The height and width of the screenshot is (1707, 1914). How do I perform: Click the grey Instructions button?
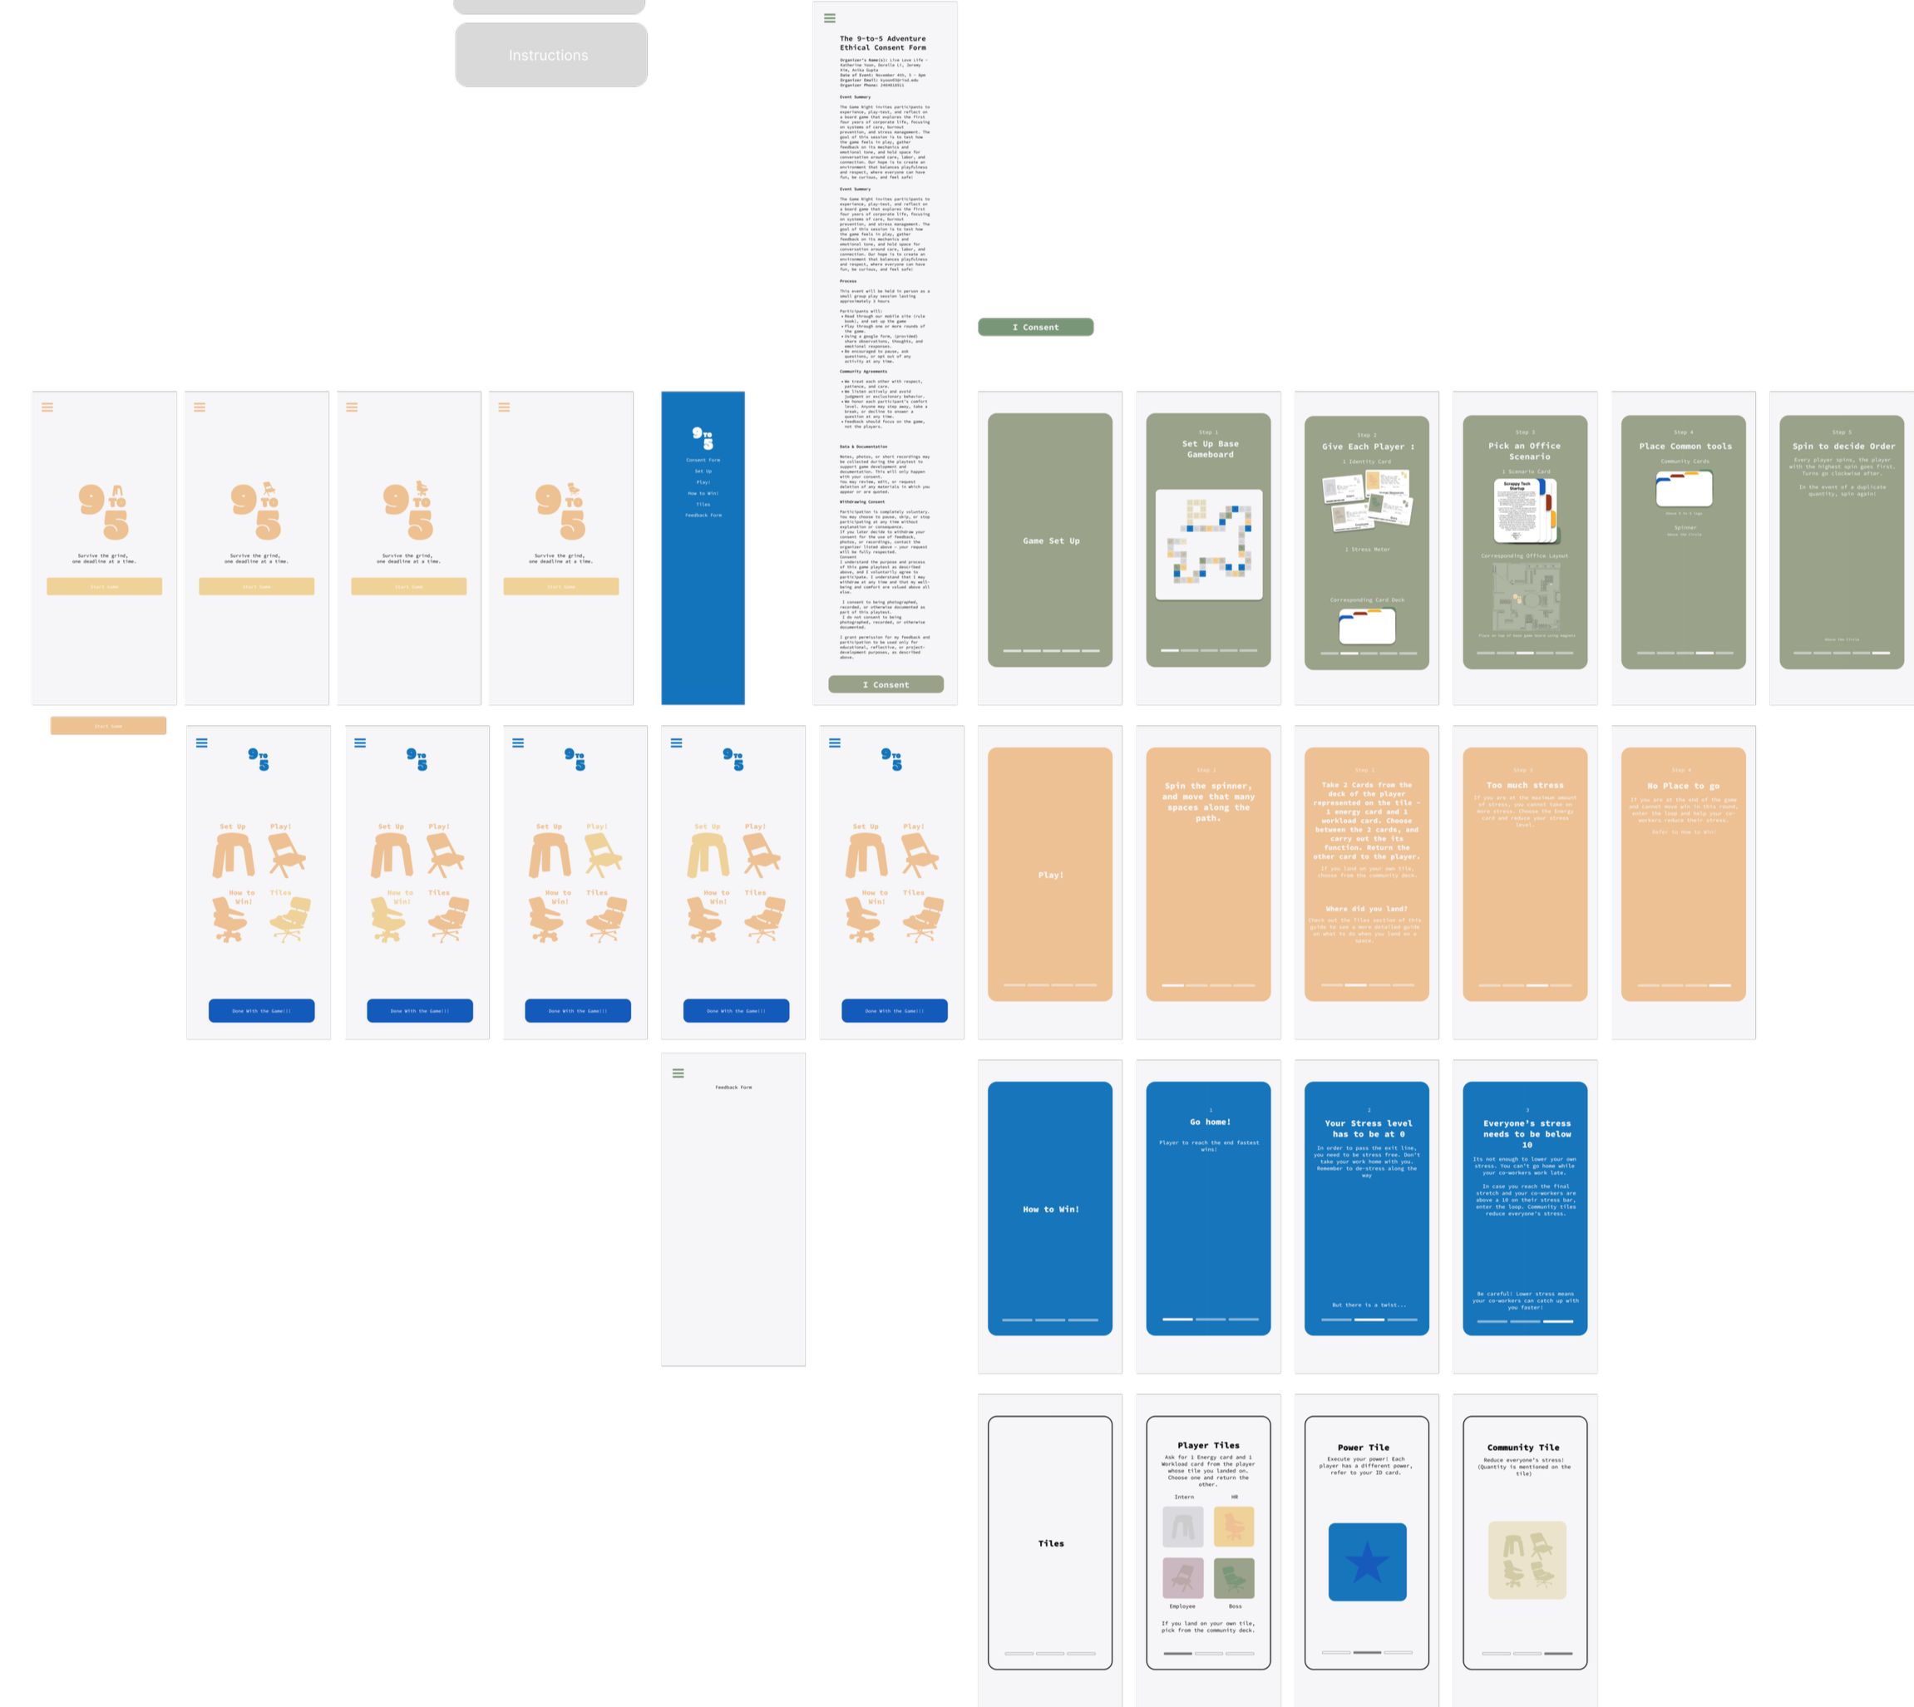pyautogui.click(x=550, y=56)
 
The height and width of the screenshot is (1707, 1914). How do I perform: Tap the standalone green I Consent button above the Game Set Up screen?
pyautogui.click(x=1035, y=328)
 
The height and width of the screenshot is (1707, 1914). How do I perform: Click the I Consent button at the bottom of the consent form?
pyautogui.click(x=885, y=684)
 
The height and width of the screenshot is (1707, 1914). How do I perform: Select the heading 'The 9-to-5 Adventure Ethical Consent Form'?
pyautogui.click(x=882, y=43)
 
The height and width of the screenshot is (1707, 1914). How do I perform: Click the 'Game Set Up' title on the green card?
pyautogui.click(x=1050, y=541)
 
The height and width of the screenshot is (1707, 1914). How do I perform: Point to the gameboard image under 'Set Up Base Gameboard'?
pyautogui.click(x=1209, y=544)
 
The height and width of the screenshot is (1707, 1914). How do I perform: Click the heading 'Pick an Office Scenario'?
pyautogui.click(x=1525, y=451)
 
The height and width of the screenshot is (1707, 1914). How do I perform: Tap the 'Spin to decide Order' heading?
pyautogui.click(x=1842, y=446)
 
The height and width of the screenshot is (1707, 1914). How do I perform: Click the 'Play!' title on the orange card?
pyautogui.click(x=1050, y=875)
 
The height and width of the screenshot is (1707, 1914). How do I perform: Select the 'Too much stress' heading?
pyautogui.click(x=1525, y=785)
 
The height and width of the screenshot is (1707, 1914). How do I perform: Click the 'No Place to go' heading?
pyautogui.click(x=1684, y=786)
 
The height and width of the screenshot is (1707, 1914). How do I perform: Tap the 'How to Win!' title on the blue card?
pyautogui.click(x=1050, y=1210)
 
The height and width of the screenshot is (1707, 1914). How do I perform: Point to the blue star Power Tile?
pyautogui.click(x=1367, y=1561)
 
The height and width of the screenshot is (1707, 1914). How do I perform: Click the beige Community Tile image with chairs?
pyautogui.click(x=1527, y=1560)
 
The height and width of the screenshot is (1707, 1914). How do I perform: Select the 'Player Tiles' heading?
pyautogui.click(x=1209, y=1445)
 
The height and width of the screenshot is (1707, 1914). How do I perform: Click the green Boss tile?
pyautogui.click(x=1234, y=1577)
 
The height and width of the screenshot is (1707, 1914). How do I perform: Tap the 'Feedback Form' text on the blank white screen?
pyautogui.click(x=733, y=1087)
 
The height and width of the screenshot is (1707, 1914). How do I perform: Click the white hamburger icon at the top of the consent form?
pyautogui.click(x=829, y=17)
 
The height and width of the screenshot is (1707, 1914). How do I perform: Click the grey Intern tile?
pyautogui.click(x=1182, y=1527)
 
